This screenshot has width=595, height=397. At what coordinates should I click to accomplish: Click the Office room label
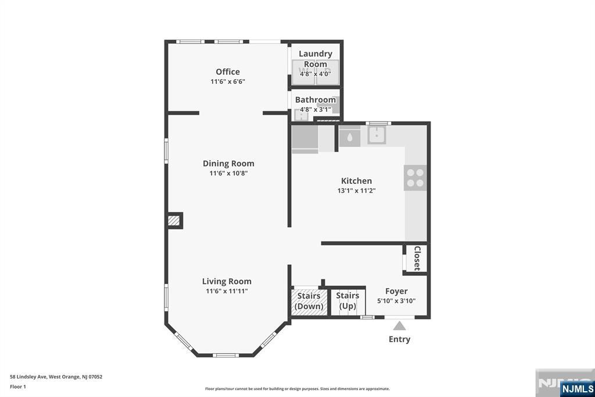coord(228,72)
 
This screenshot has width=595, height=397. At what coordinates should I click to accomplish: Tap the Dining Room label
coord(228,164)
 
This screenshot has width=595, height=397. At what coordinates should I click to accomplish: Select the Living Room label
coord(227,281)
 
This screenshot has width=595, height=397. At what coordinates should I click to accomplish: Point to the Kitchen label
coord(356,181)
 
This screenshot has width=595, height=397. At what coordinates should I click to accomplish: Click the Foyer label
coord(396,291)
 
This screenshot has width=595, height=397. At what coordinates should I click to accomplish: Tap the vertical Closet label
coord(417,258)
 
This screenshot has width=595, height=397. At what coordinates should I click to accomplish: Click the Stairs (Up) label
coord(347,301)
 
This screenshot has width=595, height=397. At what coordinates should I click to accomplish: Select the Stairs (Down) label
coord(309,301)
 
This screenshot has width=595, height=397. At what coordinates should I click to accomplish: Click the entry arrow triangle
coord(399,326)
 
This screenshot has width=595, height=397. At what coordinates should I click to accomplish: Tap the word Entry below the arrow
coord(399,339)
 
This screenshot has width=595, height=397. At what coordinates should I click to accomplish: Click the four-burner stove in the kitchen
coord(415,178)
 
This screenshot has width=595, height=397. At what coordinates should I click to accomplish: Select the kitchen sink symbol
coord(377,135)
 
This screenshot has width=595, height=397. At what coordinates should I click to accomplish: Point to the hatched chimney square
coord(174,221)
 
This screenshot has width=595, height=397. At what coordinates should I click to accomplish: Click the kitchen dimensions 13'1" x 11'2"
coord(356,190)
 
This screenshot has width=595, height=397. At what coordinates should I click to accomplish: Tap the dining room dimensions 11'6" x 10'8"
coord(228,173)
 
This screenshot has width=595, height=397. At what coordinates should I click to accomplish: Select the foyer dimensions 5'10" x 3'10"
coord(396,301)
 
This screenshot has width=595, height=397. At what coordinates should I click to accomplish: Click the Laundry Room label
coord(316,59)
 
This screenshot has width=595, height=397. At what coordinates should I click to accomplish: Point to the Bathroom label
coord(316,100)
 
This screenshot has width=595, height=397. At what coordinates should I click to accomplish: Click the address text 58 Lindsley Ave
coord(28,377)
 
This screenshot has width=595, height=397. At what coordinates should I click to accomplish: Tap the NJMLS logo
coord(577,389)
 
